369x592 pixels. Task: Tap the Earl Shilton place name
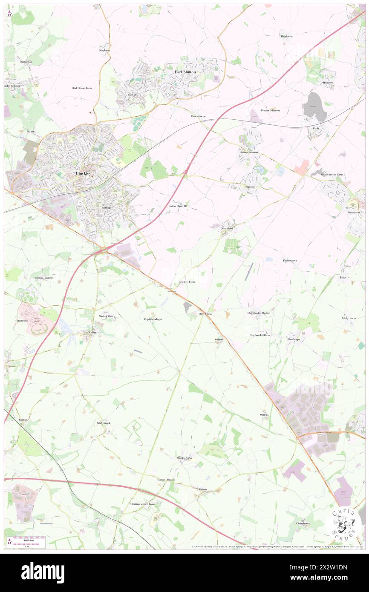click(185, 72)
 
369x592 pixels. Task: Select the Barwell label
click(131, 95)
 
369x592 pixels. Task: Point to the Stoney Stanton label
click(248, 152)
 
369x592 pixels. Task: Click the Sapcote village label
click(250, 187)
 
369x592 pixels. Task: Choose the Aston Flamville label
click(178, 206)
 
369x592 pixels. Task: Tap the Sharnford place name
click(227, 228)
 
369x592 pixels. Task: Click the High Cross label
click(205, 313)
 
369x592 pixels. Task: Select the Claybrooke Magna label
click(258, 313)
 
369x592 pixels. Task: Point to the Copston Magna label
click(153, 319)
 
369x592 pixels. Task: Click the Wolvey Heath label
click(107, 316)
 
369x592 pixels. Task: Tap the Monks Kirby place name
click(184, 458)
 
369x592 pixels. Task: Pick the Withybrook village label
click(104, 423)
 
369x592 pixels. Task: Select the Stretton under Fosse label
click(143, 504)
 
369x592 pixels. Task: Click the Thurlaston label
click(287, 37)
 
